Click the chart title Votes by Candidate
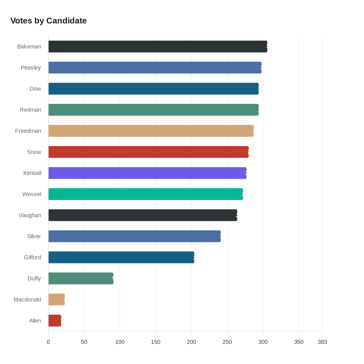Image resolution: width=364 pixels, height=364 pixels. (x=49, y=21)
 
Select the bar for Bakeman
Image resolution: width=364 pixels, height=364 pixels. (x=158, y=47)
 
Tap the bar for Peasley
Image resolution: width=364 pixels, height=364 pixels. (x=155, y=68)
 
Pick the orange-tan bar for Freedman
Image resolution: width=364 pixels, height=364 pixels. (x=151, y=131)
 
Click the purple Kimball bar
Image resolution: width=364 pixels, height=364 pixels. (x=147, y=173)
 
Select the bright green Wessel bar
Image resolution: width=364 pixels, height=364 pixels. (x=146, y=194)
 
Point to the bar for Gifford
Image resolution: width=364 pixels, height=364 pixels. (x=121, y=257)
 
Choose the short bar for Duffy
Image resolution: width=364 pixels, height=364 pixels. (x=81, y=278)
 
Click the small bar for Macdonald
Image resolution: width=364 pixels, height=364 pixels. (x=56, y=299)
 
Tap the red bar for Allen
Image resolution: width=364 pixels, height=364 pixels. (x=55, y=320)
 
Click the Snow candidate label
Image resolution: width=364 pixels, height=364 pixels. (x=34, y=152)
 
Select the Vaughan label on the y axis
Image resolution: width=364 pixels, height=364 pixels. (x=30, y=215)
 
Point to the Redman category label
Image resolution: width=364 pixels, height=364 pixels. (x=30, y=110)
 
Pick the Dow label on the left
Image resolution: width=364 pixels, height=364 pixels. (x=35, y=89)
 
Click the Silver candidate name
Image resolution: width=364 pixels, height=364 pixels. (x=34, y=236)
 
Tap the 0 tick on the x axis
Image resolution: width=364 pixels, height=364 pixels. (x=48, y=342)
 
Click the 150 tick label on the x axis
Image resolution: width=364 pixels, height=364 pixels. (x=155, y=342)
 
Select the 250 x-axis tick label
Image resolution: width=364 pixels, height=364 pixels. (x=227, y=342)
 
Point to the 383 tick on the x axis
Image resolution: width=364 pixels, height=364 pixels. (x=322, y=342)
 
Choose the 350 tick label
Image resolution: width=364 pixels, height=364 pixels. (x=299, y=342)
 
